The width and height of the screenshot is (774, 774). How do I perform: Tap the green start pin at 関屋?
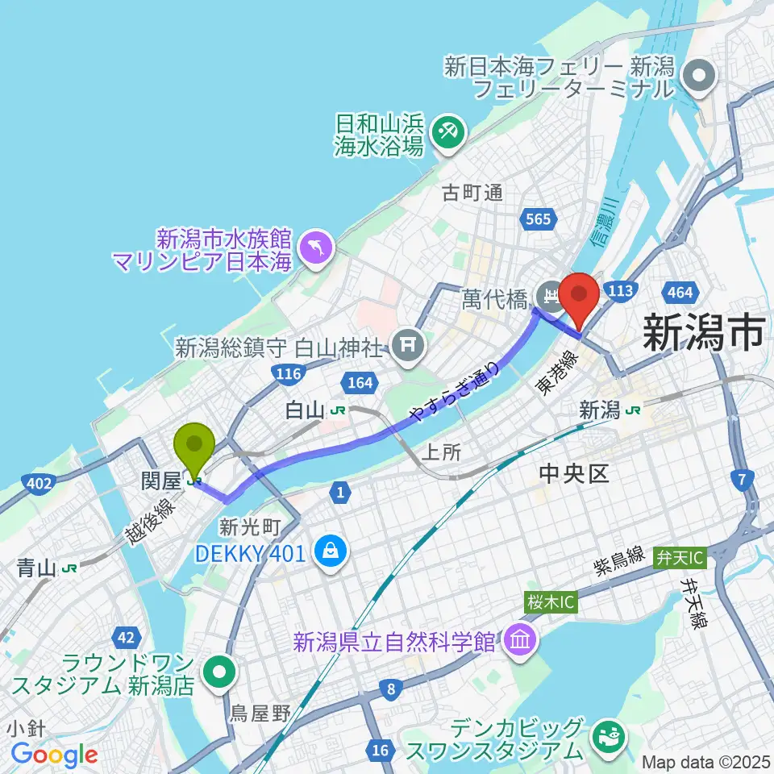click(x=194, y=446)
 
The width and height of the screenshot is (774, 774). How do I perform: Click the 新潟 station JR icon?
click(x=635, y=410)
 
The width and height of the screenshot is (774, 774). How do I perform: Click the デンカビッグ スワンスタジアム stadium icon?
click(x=606, y=736)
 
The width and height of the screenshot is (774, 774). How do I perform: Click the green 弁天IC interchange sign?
click(x=679, y=556)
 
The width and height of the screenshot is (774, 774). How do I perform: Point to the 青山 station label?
click(x=35, y=568)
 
